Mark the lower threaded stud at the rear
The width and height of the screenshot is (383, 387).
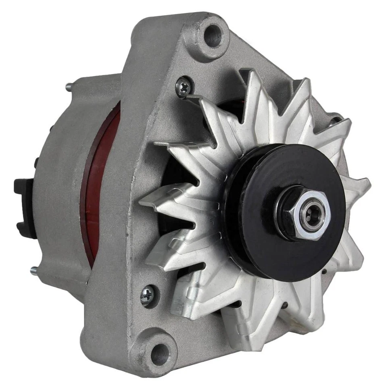[34, 271]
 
